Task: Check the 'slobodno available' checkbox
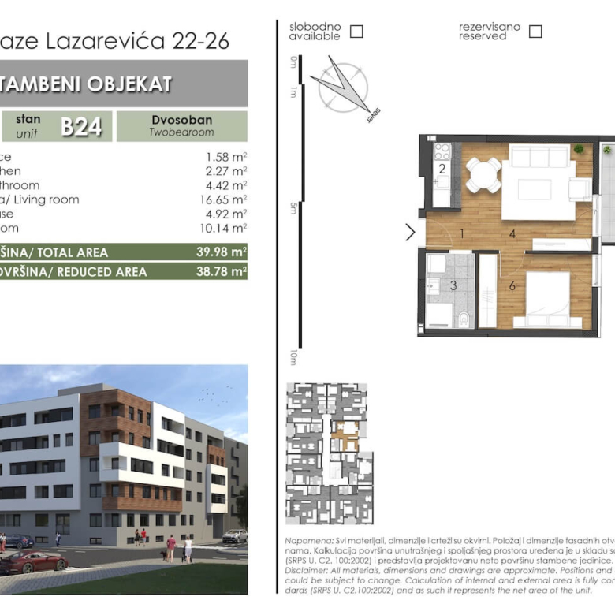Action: point(356,32)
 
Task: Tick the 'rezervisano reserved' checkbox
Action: point(535,32)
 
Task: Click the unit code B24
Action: point(82,126)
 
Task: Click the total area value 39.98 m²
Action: point(222,252)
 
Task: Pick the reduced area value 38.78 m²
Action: point(222,271)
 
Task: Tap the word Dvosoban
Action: point(181,121)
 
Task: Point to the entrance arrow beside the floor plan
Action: point(410,232)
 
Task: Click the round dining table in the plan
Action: point(483,174)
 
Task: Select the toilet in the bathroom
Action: point(464,319)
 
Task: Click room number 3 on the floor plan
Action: point(453,285)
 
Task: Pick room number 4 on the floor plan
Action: point(512,233)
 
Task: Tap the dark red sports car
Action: point(32,562)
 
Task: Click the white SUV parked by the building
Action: point(234,536)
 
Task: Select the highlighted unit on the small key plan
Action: point(345,434)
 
